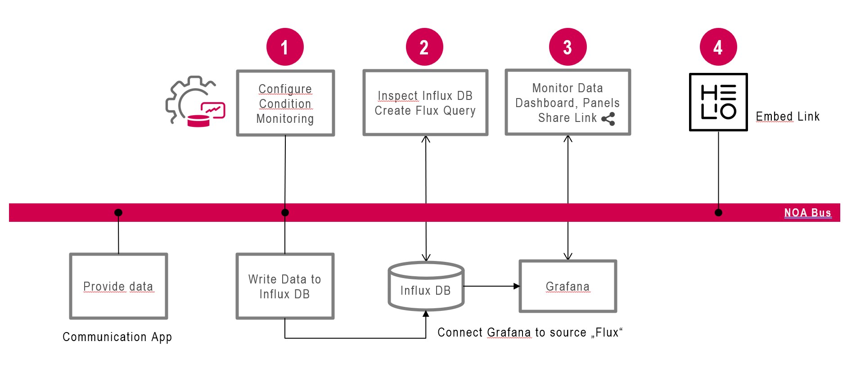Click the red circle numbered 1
coord(285,47)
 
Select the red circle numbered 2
coord(424,47)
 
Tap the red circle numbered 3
coord(568,47)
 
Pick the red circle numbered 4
coord(718,47)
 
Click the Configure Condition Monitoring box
coord(285,103)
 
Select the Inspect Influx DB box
coord(425,103)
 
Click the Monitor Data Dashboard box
coord(568,102)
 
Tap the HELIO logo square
coord(718,102)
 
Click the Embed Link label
coord(788,117)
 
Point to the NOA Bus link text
coord(807,213)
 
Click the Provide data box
coord(118,286)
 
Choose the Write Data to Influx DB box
coord(285,286)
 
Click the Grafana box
coord(568,286)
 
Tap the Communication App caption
coord(117,337)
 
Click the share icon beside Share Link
coord(608,119)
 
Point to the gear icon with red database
coord(195,102)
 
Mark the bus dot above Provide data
coord(118,212)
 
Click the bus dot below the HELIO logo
coord(718,212)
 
